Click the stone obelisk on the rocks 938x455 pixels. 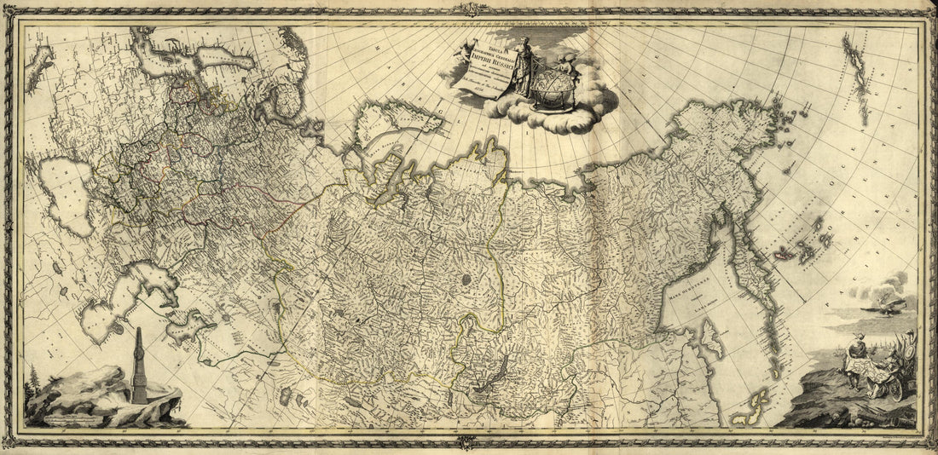139,366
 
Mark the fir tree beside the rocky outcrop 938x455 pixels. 32,388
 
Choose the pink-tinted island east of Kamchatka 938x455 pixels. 782,253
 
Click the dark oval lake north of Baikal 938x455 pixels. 466,279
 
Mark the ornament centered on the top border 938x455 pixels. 468,9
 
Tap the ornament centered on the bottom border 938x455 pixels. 466,442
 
